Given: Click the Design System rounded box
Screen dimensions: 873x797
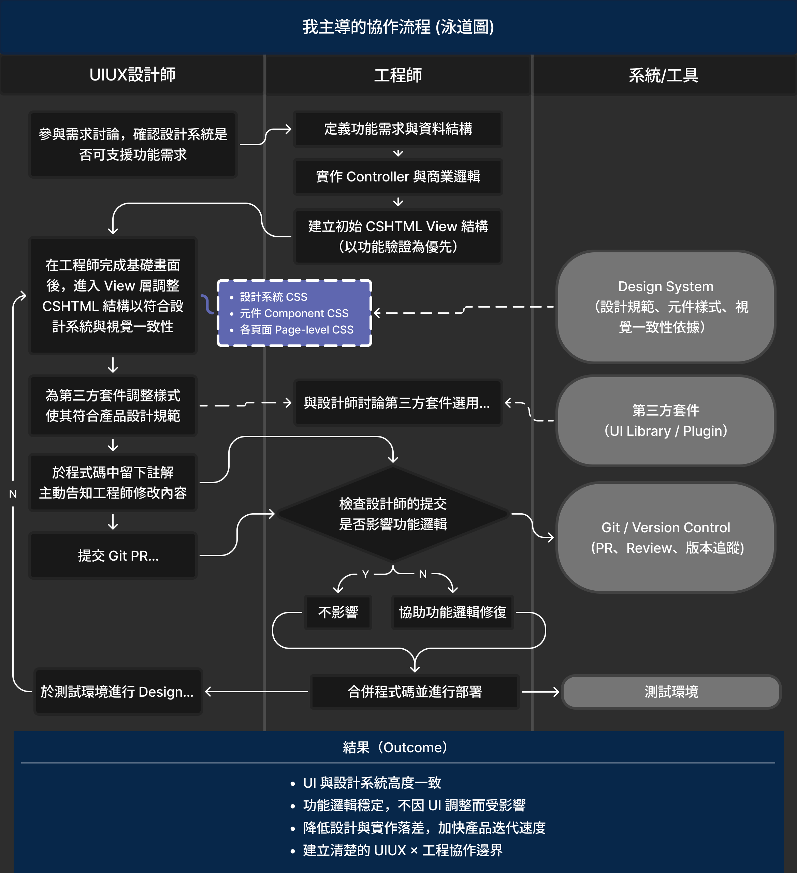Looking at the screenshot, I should tap(665, 307).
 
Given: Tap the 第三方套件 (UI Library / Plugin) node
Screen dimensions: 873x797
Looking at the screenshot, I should tap(665, 420).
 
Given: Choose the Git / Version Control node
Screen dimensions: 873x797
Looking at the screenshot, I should tap(665, 537).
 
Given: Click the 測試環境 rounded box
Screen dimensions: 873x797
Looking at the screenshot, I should tap(671, 692).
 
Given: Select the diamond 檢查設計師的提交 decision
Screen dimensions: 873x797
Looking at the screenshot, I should tap(393, 514).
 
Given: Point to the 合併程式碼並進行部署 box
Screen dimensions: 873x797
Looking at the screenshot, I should tap(415, 692).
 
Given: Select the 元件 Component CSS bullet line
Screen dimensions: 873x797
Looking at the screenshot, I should tap(294, 313).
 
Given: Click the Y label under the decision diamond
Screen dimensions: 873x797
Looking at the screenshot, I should tap(365, 574).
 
